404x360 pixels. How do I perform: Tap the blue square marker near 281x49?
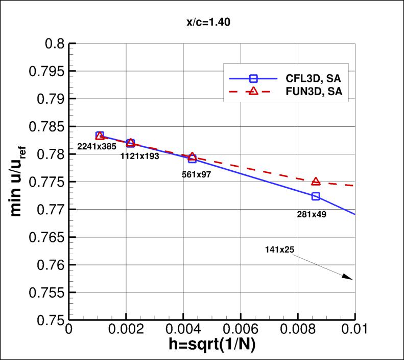316,196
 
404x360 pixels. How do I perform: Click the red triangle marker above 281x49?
316,182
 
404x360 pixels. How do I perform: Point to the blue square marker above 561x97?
192,159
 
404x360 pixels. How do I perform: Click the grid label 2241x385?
97,147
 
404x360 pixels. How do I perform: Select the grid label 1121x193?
139,156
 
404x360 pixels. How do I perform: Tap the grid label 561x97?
197,174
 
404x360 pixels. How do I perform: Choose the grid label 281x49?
312,214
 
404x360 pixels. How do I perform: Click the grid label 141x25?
279,250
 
